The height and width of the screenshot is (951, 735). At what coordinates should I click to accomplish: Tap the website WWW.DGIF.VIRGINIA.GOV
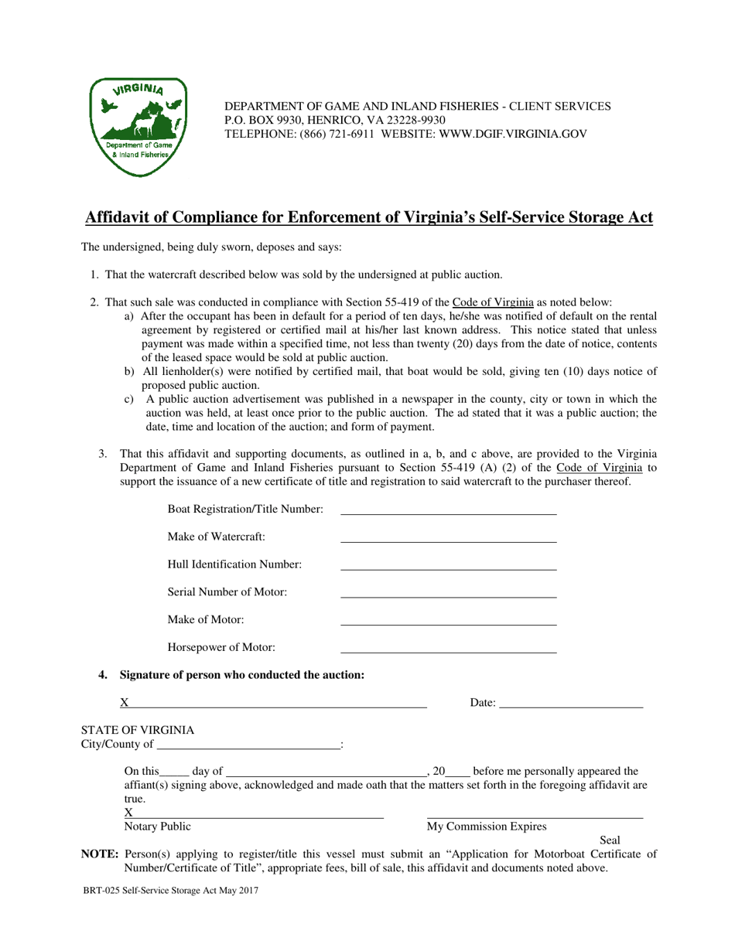pos(514,134)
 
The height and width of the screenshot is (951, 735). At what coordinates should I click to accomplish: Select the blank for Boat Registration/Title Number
pos(448,510)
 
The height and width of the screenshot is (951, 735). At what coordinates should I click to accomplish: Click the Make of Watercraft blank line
pos(448,537)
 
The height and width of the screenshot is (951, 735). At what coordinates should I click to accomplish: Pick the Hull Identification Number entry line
pos(448,565)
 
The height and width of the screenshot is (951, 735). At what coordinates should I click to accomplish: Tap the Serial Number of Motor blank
pos(448,593)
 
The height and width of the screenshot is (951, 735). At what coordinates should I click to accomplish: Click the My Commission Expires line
pos(535,813)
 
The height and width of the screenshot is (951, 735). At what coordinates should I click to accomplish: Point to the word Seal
pos(610,840)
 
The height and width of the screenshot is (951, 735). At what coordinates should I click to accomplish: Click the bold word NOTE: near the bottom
pos(100,854)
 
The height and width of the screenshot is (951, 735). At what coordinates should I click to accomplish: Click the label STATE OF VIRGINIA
pos(138,731)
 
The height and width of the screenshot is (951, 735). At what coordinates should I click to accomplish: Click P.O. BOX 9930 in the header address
pos(262,120)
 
